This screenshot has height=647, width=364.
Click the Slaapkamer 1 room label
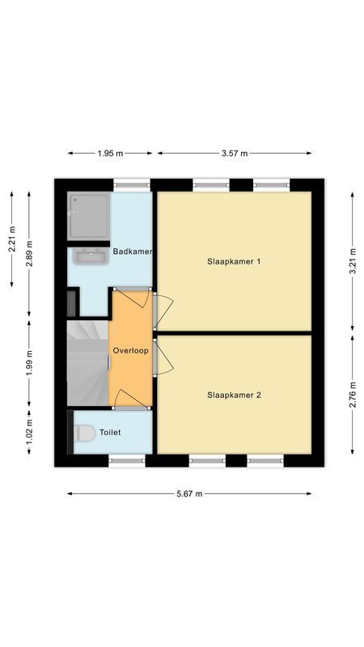234,261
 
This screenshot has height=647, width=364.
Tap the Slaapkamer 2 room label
234,395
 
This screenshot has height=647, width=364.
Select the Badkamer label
133,252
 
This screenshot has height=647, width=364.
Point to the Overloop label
130,352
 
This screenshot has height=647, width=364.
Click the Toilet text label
110,433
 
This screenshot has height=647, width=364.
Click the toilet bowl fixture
84,433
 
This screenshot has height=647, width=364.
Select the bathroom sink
90,257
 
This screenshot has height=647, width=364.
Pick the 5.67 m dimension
189,493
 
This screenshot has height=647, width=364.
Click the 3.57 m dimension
235,153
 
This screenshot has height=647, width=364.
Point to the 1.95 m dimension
110,153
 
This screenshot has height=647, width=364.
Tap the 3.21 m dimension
352,261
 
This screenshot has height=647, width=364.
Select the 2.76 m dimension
352,395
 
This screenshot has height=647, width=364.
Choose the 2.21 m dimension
11,239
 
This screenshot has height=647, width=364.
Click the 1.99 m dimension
29,362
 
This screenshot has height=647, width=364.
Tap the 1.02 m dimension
29,427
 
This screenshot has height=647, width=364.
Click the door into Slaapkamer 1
163,311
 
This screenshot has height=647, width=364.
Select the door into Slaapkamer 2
163,357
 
